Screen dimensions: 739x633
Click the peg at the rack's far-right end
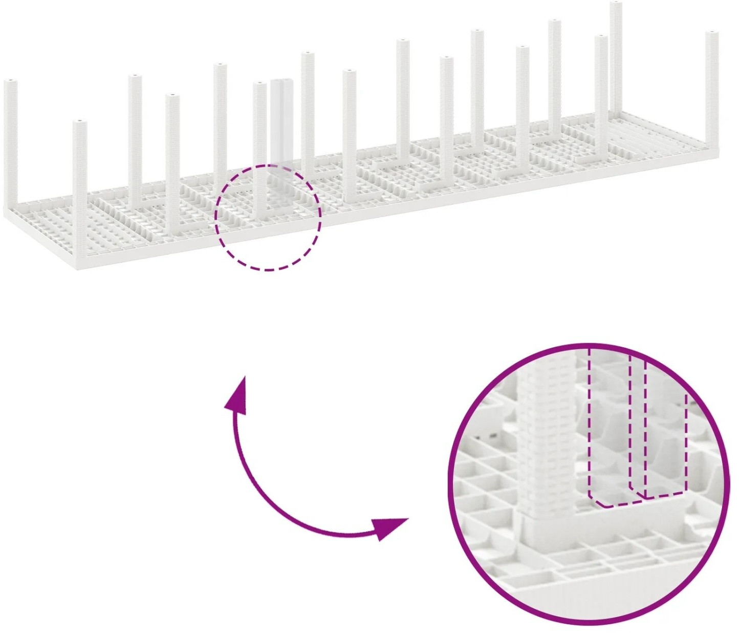tap(712, 87)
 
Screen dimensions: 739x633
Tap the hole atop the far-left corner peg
tap(10, 81)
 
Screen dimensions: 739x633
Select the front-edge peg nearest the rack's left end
tap(79, 189)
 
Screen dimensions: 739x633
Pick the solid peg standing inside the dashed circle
tap(259, 154)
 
